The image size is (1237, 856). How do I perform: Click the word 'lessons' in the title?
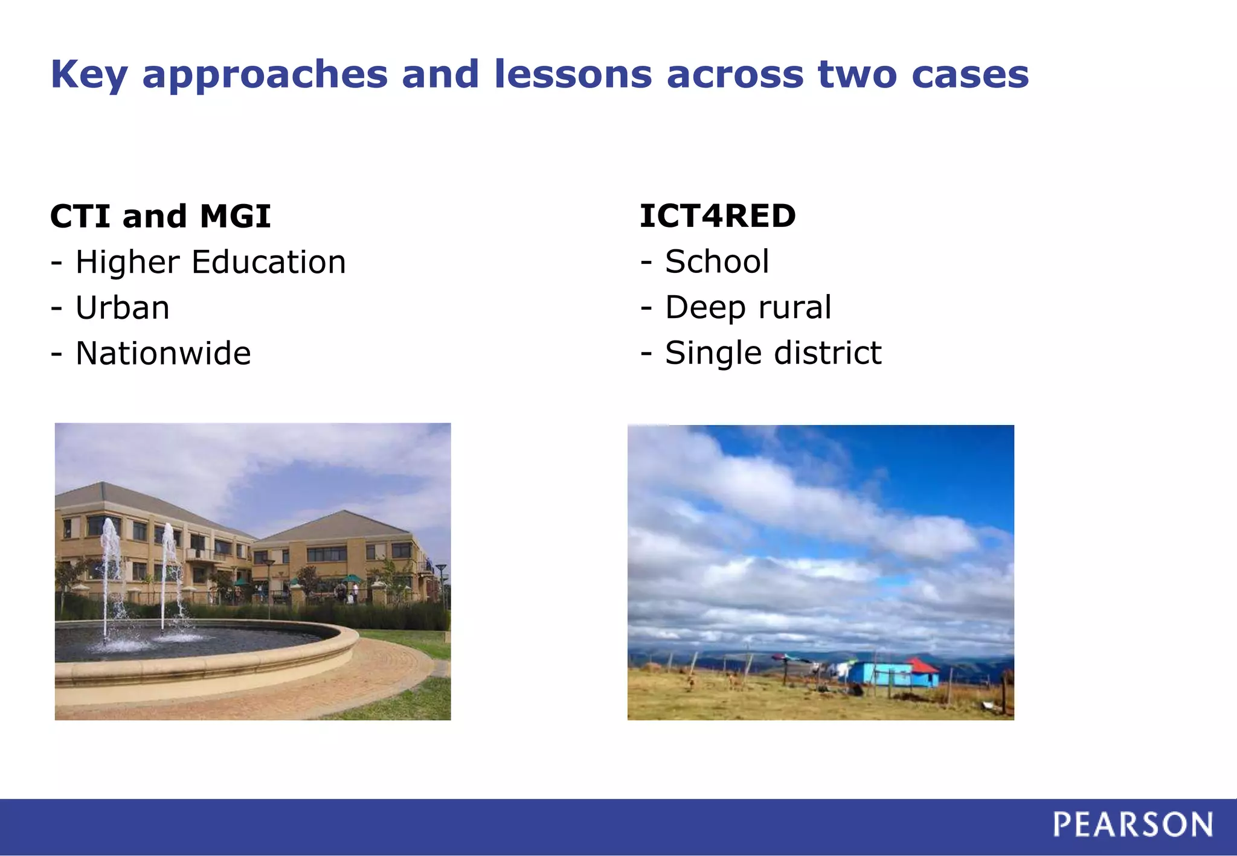tap(573, 74)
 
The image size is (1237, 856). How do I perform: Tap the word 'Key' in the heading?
tap(89, 75)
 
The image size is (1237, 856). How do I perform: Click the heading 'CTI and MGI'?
tap(160, 216)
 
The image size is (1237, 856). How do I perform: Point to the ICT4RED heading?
tap(718, 216)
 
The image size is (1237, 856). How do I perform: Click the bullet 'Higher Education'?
tap(210, 263)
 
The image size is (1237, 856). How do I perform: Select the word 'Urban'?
tap(122, 308)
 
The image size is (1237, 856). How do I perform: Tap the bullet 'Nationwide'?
tap(162, 353)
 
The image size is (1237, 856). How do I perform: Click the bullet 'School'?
tap(716, 262)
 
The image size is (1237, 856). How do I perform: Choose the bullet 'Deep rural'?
tap(748, 307)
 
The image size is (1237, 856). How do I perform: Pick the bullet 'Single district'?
tap(773, 353)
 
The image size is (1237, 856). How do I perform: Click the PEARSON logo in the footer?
tap(1133, 825)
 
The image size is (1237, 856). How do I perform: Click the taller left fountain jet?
tap(111, 573)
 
